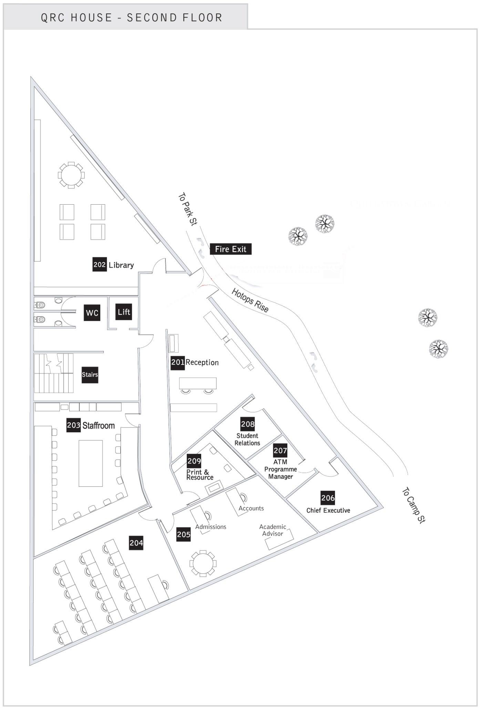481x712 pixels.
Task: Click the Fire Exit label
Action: pos(231,249)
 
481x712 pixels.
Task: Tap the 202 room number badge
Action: pos(99,265)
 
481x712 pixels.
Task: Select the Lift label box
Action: pos(124,312)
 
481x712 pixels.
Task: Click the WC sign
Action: pos(92,313)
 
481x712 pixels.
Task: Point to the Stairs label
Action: pos(90,374)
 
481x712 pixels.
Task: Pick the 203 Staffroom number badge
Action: pos(73,425)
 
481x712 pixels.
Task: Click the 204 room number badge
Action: pos(136,543)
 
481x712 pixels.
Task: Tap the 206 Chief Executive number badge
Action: pos(328,498)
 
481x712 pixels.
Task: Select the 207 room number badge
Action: pos(280,450)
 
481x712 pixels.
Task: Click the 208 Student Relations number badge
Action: pos(248,424)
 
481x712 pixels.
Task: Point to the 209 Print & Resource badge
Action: pos(194,461)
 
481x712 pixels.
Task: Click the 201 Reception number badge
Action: pos(178,362)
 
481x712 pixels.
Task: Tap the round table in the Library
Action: pos(71,175)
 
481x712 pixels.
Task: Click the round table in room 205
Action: pos(203,564)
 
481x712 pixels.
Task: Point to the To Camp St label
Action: pos(414,505)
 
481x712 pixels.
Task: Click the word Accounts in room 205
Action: pos(251,508)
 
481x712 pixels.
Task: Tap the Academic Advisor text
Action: pos(273,530)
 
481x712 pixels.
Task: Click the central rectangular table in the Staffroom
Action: pos(91,463)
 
